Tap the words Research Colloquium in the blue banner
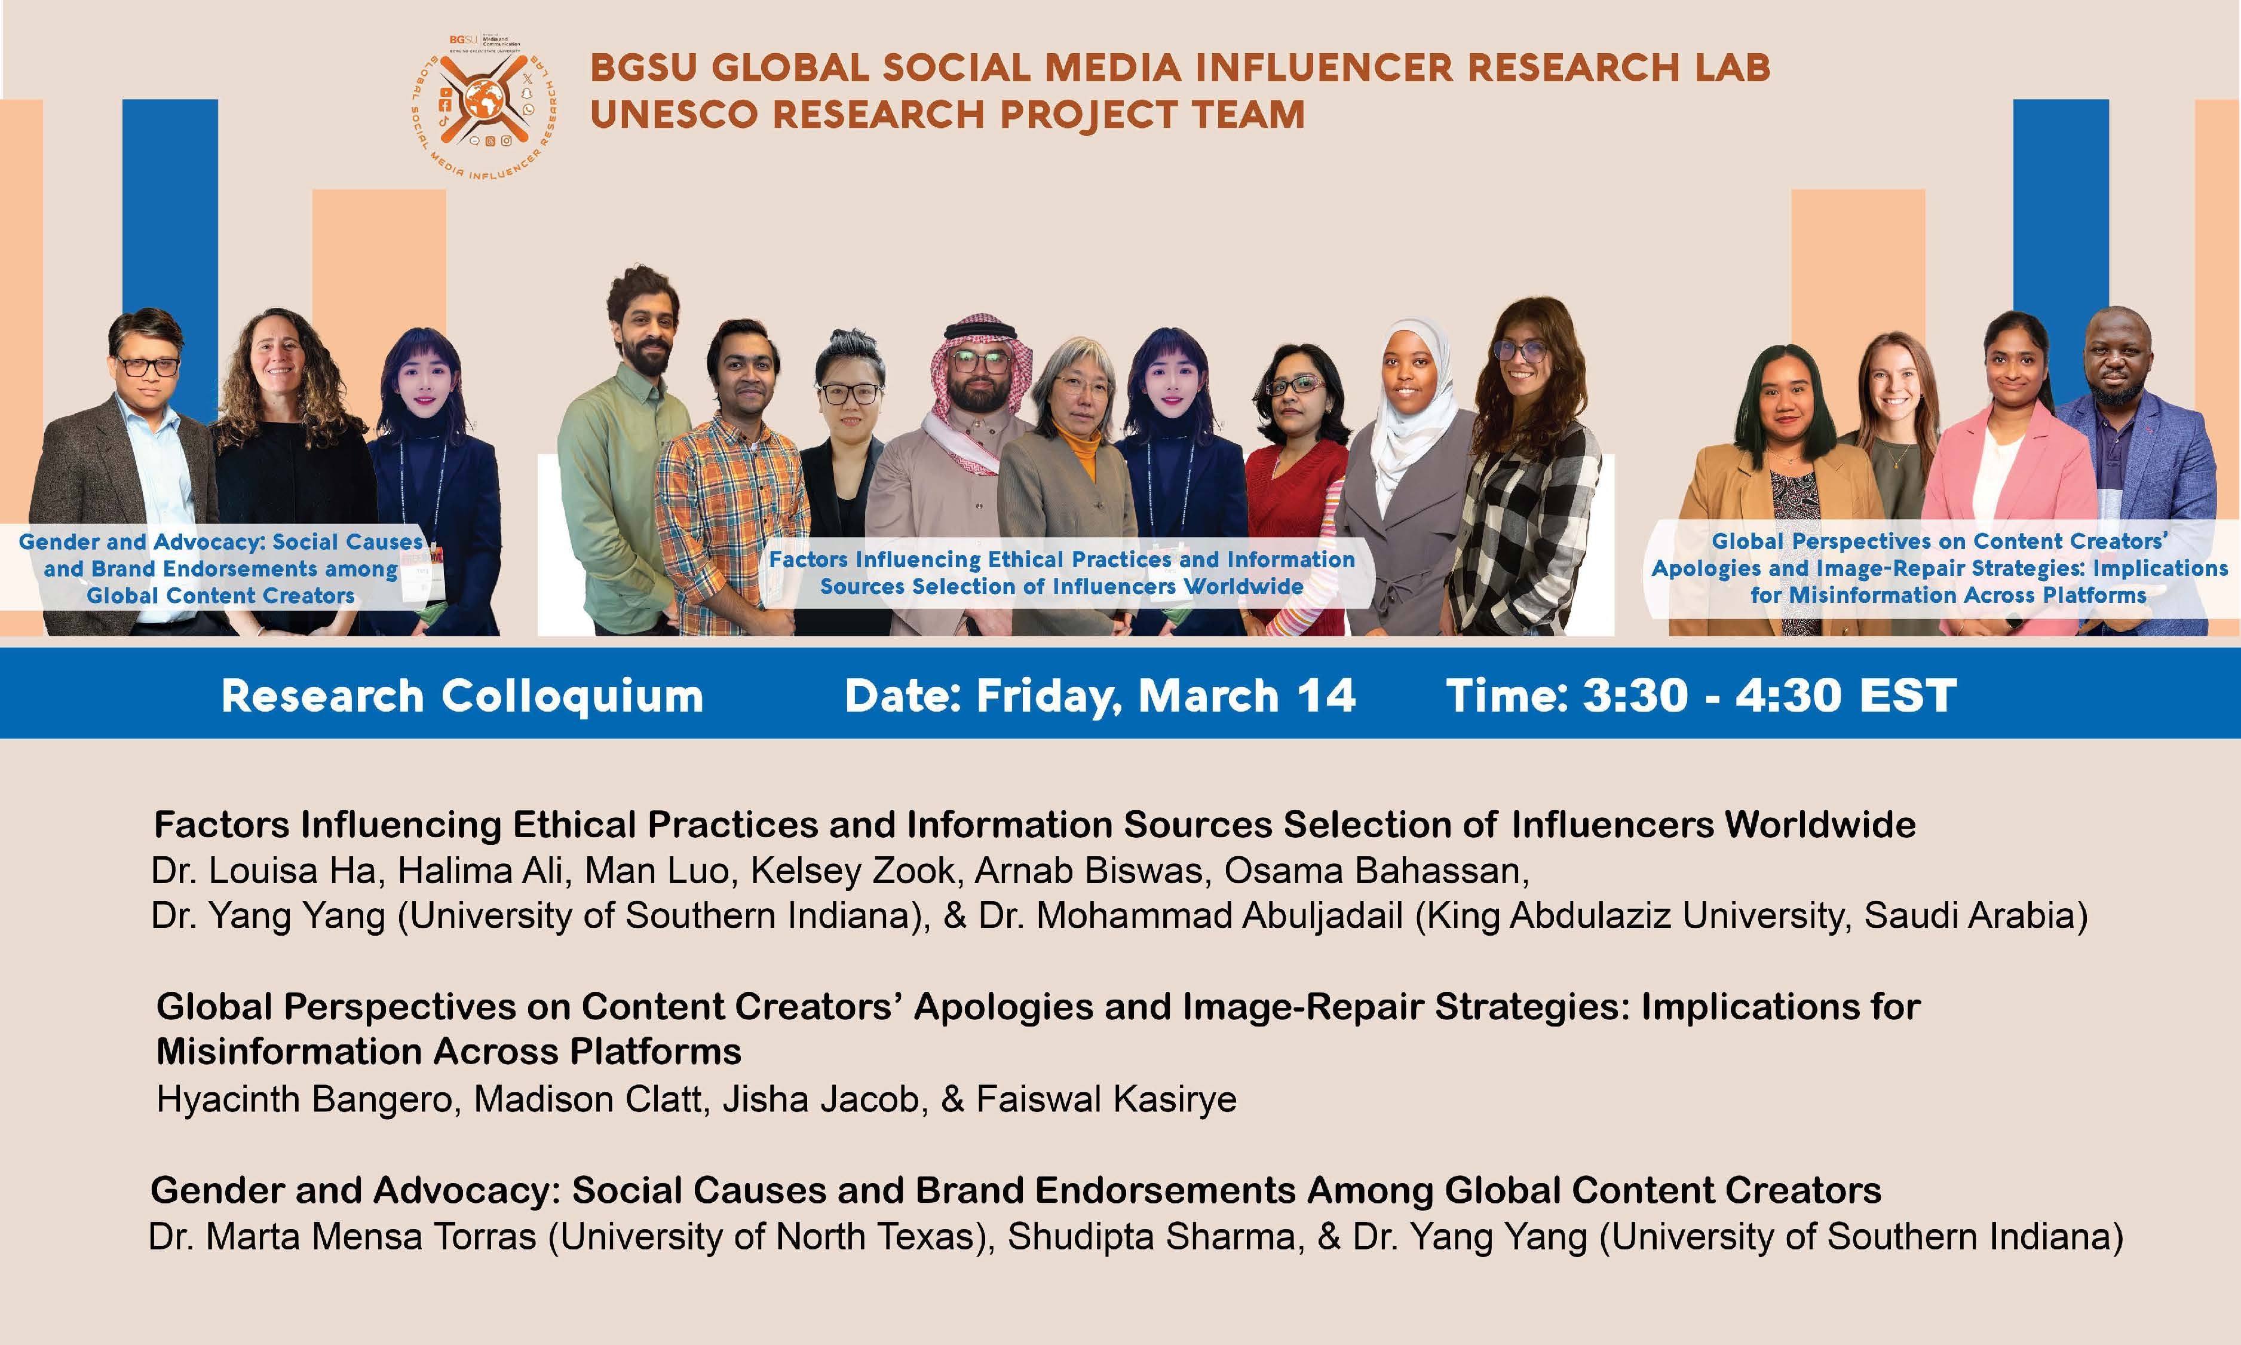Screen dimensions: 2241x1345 [462, 697]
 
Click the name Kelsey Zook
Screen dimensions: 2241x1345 [853, 871]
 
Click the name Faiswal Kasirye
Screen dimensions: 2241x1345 [1106, 1099]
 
